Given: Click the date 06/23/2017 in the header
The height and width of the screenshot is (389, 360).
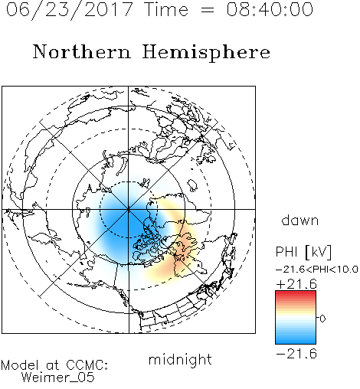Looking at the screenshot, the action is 70,10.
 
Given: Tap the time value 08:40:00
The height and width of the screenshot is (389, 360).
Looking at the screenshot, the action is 270,9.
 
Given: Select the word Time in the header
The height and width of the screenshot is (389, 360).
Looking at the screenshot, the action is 166,9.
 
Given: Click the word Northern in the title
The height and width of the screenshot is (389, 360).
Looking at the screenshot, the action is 82,51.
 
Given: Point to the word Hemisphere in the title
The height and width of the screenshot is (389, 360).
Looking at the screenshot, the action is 206,53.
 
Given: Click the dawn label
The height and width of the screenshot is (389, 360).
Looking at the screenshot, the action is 300,220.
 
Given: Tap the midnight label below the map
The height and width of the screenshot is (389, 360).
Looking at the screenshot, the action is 180,360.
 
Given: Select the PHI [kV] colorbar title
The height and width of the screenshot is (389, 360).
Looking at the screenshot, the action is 303,252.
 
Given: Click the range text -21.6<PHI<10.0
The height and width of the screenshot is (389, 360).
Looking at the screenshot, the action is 317,269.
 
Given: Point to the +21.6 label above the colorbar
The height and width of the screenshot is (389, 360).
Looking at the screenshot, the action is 296,284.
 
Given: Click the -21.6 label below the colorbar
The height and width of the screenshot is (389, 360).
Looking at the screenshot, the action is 296,354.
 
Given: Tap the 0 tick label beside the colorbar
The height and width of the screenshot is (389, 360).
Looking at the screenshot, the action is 322,319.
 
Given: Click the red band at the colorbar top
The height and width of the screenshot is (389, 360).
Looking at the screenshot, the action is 296,294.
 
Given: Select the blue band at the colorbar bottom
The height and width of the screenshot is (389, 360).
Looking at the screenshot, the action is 296,339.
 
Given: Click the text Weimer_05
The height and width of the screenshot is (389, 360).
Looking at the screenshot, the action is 58,378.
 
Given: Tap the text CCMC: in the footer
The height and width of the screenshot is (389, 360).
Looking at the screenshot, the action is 87,365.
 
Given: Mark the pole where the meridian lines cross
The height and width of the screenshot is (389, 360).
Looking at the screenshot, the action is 129,209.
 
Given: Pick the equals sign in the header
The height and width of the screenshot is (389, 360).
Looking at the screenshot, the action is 207,10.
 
